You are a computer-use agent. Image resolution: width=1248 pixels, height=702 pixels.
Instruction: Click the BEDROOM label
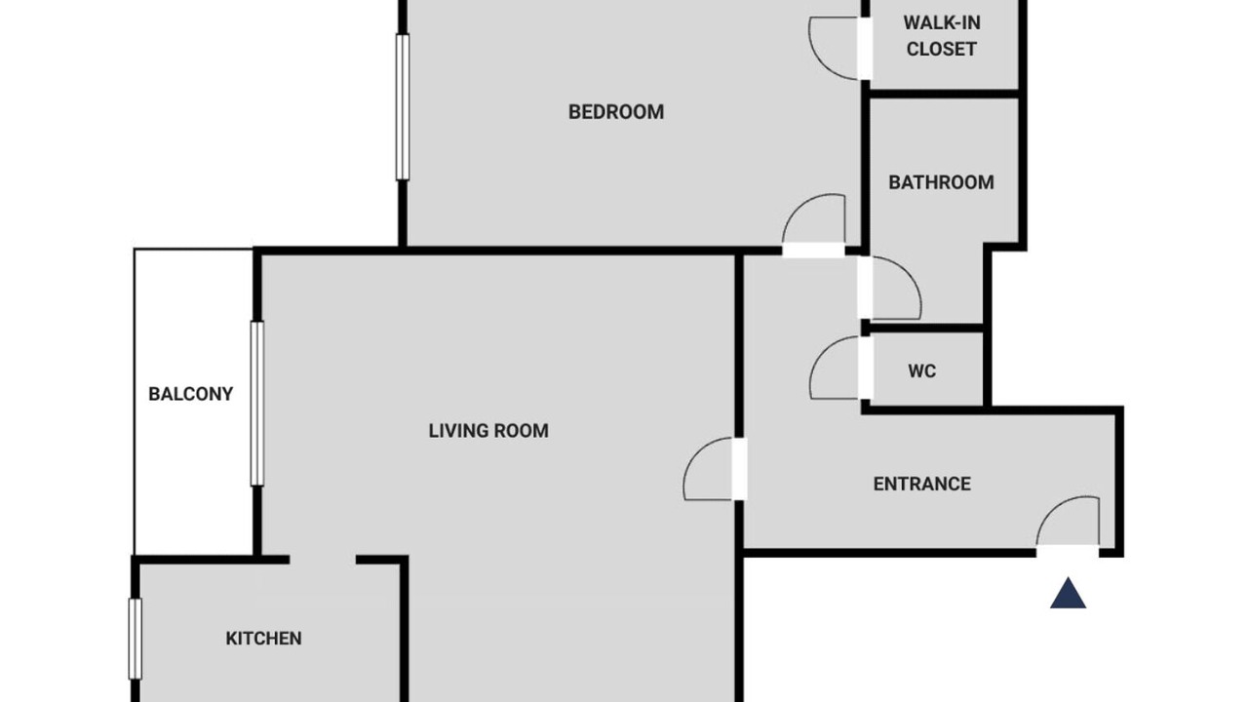pos(615,112)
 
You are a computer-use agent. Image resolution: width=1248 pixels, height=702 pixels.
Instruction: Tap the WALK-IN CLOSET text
pos(942,36)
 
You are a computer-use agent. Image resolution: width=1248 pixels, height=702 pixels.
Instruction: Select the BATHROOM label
pos(941,182)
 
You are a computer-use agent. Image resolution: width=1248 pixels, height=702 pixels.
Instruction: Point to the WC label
pos(922,371)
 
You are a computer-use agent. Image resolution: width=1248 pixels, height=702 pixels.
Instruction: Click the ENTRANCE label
pos(922,484)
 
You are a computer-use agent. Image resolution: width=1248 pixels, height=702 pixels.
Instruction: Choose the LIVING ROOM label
pos(488,431)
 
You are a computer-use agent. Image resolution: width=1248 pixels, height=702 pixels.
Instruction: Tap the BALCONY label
pos(190,394)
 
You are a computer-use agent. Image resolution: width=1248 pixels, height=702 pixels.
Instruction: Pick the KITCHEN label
pos(263,638)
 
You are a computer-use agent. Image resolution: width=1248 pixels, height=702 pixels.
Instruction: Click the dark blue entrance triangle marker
pos(1068,594)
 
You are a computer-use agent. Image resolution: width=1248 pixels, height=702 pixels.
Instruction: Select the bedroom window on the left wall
pos(403,107)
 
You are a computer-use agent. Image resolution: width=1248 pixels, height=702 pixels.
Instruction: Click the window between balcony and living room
pos(256,404)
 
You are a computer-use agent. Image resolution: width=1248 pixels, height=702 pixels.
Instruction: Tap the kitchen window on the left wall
pos(135,639)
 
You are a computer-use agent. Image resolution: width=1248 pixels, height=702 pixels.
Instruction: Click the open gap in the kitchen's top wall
pos(323,560)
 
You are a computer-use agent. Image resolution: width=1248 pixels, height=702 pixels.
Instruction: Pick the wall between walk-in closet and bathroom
pos(945,94)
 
